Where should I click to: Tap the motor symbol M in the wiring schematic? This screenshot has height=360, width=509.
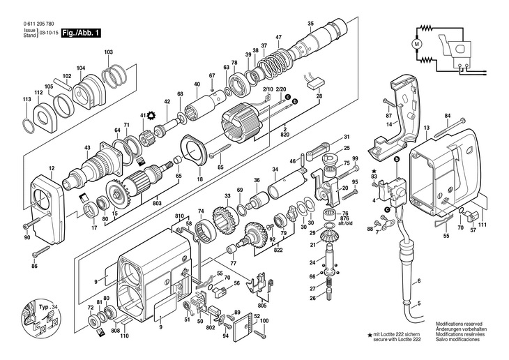coord(418,44)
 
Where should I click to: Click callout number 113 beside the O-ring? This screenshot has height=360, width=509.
coord(26,100)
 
